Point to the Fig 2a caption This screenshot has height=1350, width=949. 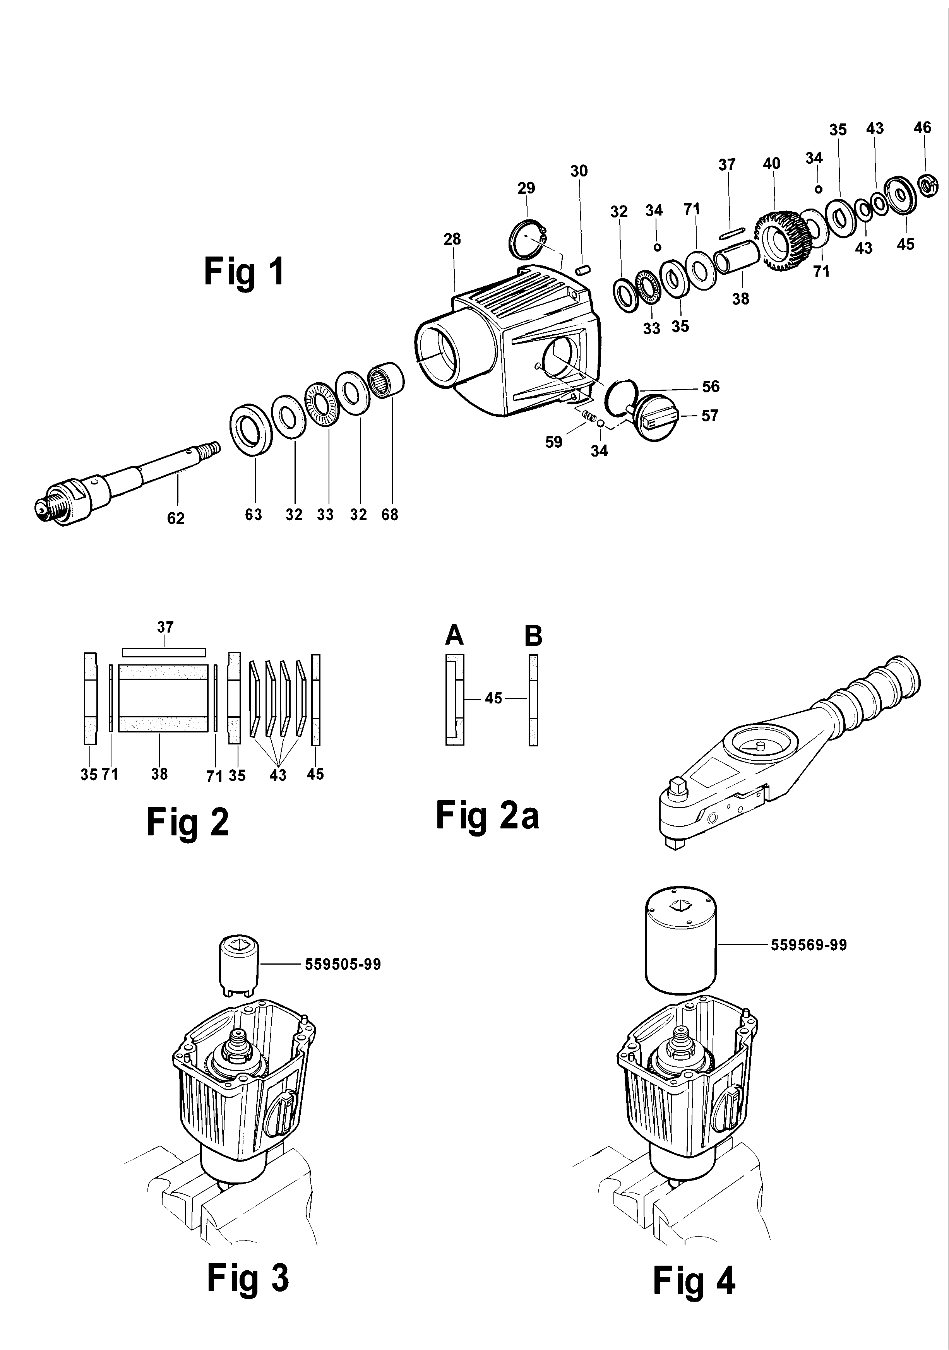487,816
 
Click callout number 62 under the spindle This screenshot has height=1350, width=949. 176,518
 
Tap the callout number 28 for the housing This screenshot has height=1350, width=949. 452,239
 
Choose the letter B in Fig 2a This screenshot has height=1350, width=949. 533,636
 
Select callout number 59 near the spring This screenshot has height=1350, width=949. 553,442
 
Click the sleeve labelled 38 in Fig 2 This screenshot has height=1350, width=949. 163,698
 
